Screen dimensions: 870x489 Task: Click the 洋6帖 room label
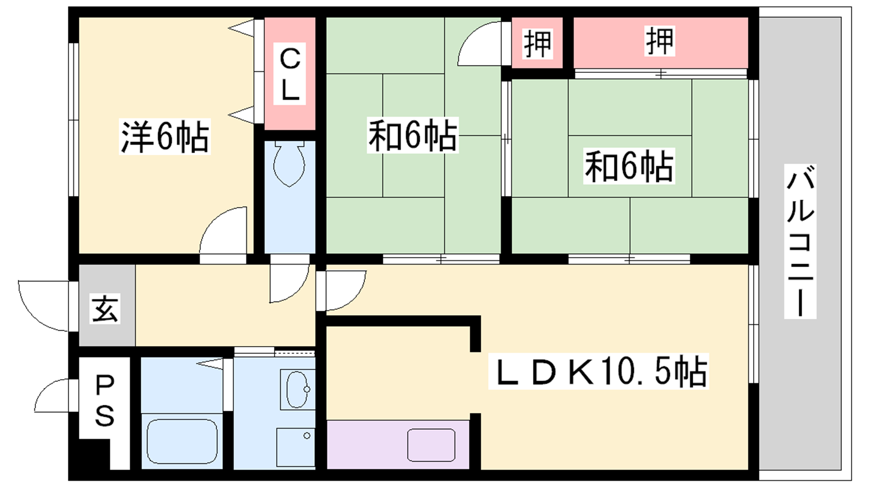coord(165,136)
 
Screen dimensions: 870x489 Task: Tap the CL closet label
coord(289,74)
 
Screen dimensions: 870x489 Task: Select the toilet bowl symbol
coord(289,164)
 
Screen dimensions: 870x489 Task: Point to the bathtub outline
coord(182,441)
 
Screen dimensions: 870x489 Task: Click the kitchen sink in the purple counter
coord(431,445)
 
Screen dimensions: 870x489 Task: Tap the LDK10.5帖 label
coord(599,371)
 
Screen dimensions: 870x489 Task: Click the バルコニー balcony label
coord(800,241)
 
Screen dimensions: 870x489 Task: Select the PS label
coord(104,402)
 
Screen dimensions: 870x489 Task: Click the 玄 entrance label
coord(105,309)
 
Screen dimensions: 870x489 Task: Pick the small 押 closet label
coord(538,44)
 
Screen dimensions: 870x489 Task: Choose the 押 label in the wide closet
coord(660,41)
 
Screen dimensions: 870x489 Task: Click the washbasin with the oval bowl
coord(297,390)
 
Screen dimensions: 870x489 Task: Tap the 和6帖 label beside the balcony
coord(629,166)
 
